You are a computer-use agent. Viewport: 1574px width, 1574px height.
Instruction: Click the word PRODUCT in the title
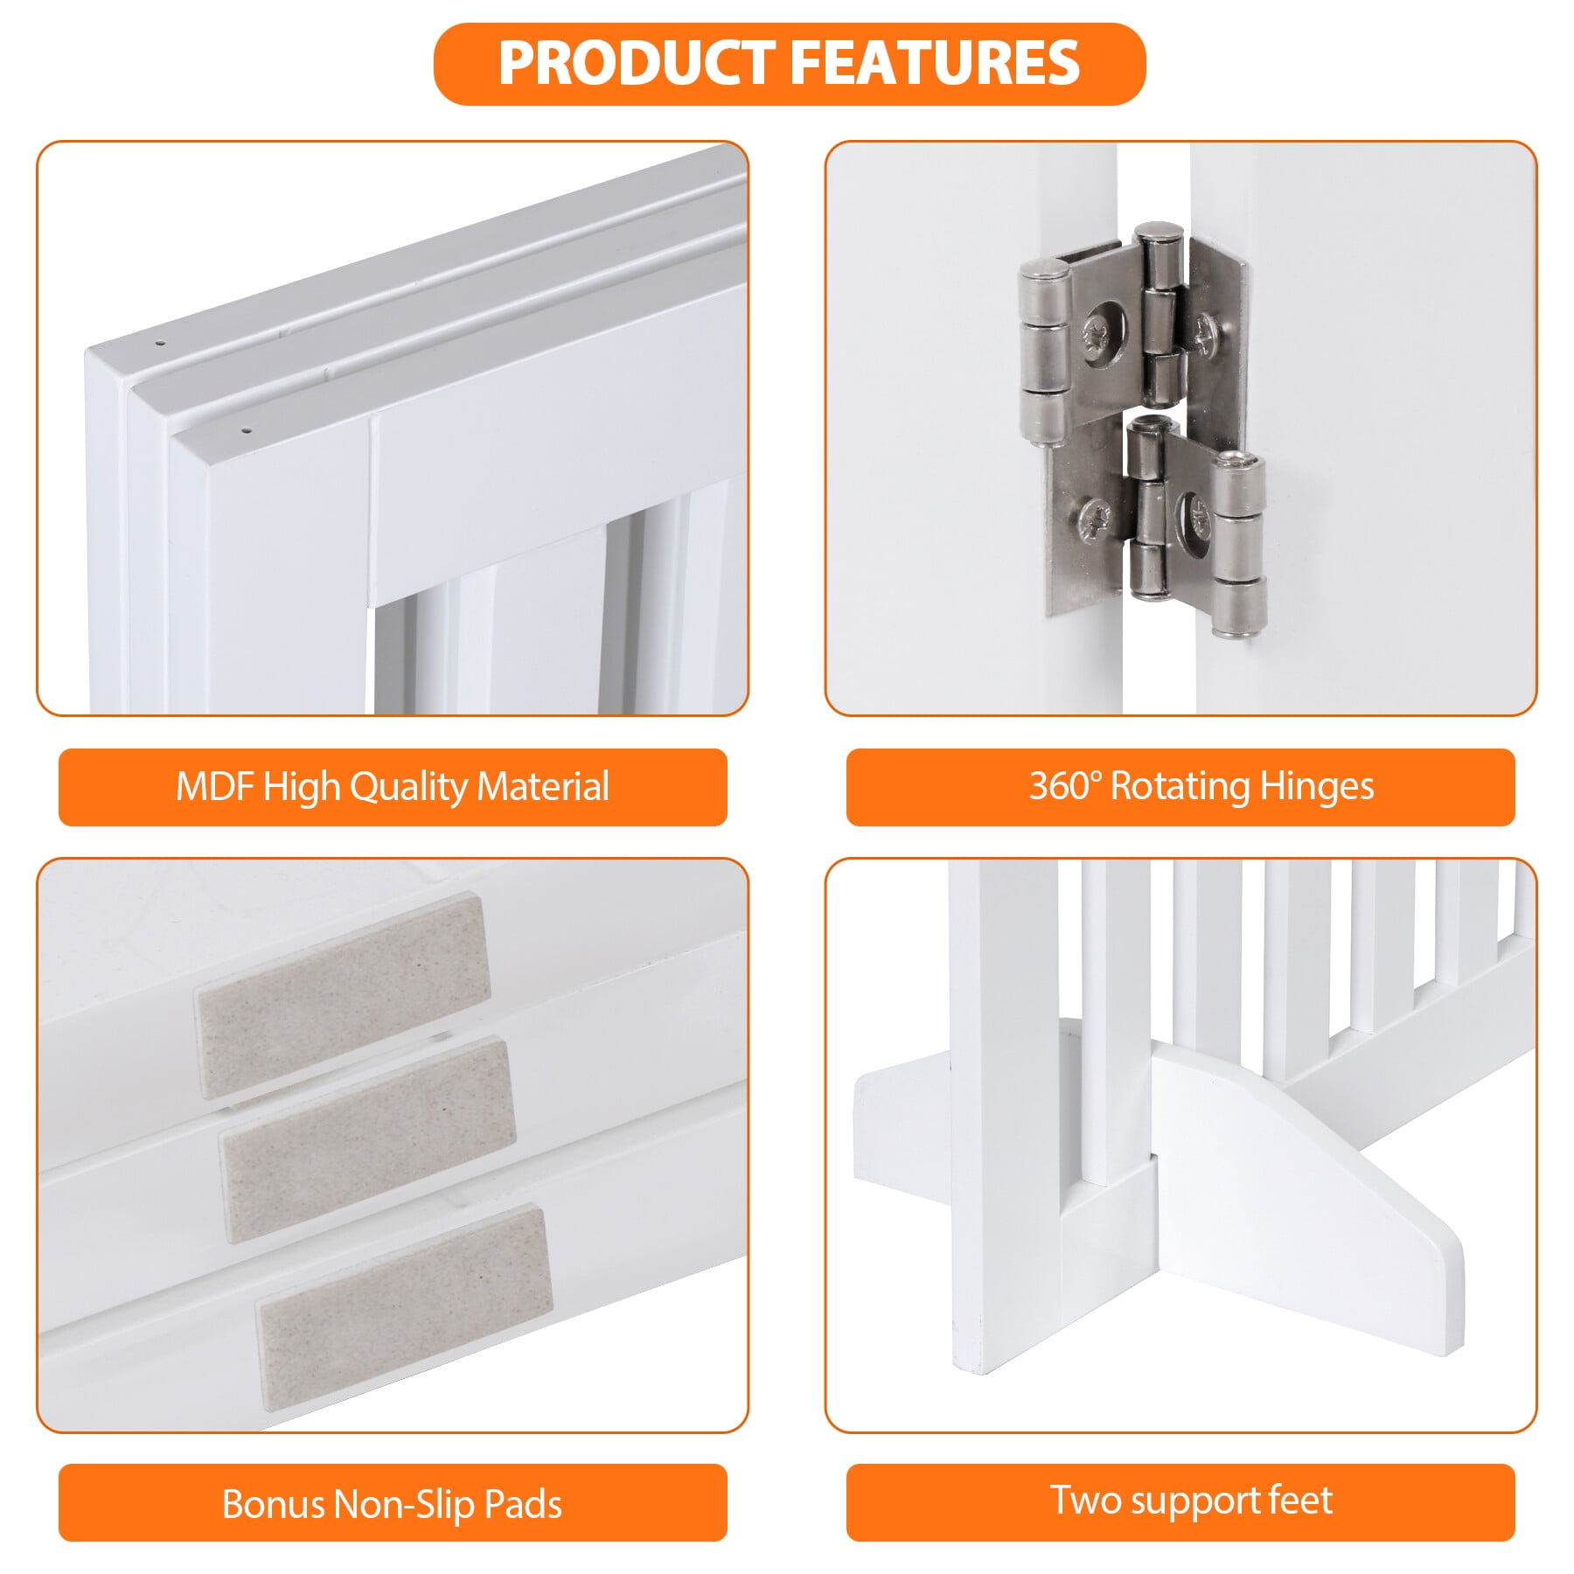pos(637,63)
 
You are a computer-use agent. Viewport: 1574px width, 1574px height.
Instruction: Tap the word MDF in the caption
pos(214,786)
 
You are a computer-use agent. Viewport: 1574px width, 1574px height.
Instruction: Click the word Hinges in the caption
pos(1317,787)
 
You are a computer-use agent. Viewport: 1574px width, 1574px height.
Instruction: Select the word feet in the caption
pos(1300,1500)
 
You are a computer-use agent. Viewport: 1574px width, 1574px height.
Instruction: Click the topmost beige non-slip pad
pos(342,995)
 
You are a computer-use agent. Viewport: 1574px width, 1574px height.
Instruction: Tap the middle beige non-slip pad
pos(367,1139)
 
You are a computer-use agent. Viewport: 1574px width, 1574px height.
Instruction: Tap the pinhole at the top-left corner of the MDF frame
pos(160,343)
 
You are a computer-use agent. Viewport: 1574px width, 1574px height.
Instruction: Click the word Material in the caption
pos(543,786)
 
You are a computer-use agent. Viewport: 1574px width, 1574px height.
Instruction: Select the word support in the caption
pos(1192,1502)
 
